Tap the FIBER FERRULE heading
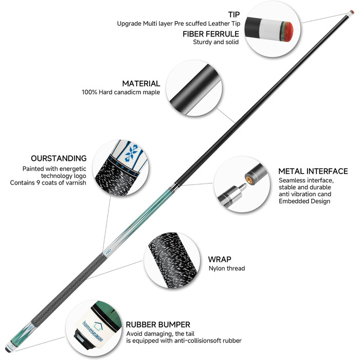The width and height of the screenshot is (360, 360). coord(211,33)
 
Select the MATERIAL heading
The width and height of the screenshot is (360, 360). coord(141,83)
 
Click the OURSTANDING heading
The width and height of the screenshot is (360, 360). coord(59,158)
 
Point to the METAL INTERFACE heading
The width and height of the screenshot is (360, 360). coord(313,171)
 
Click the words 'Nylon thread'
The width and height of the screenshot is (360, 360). coord(227,268)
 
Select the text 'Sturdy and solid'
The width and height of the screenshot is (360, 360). coord(215,42)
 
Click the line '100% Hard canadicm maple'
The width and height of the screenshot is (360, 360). coord(120,93)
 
